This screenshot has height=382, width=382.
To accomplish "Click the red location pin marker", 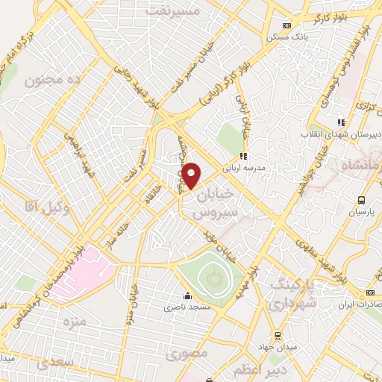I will [x=192, y=175].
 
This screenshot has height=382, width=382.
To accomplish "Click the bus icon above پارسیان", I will [x=362, y=200].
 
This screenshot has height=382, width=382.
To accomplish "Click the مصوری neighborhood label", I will [x=187, y=352].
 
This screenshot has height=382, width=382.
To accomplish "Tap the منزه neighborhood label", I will [x=75, y=322].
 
